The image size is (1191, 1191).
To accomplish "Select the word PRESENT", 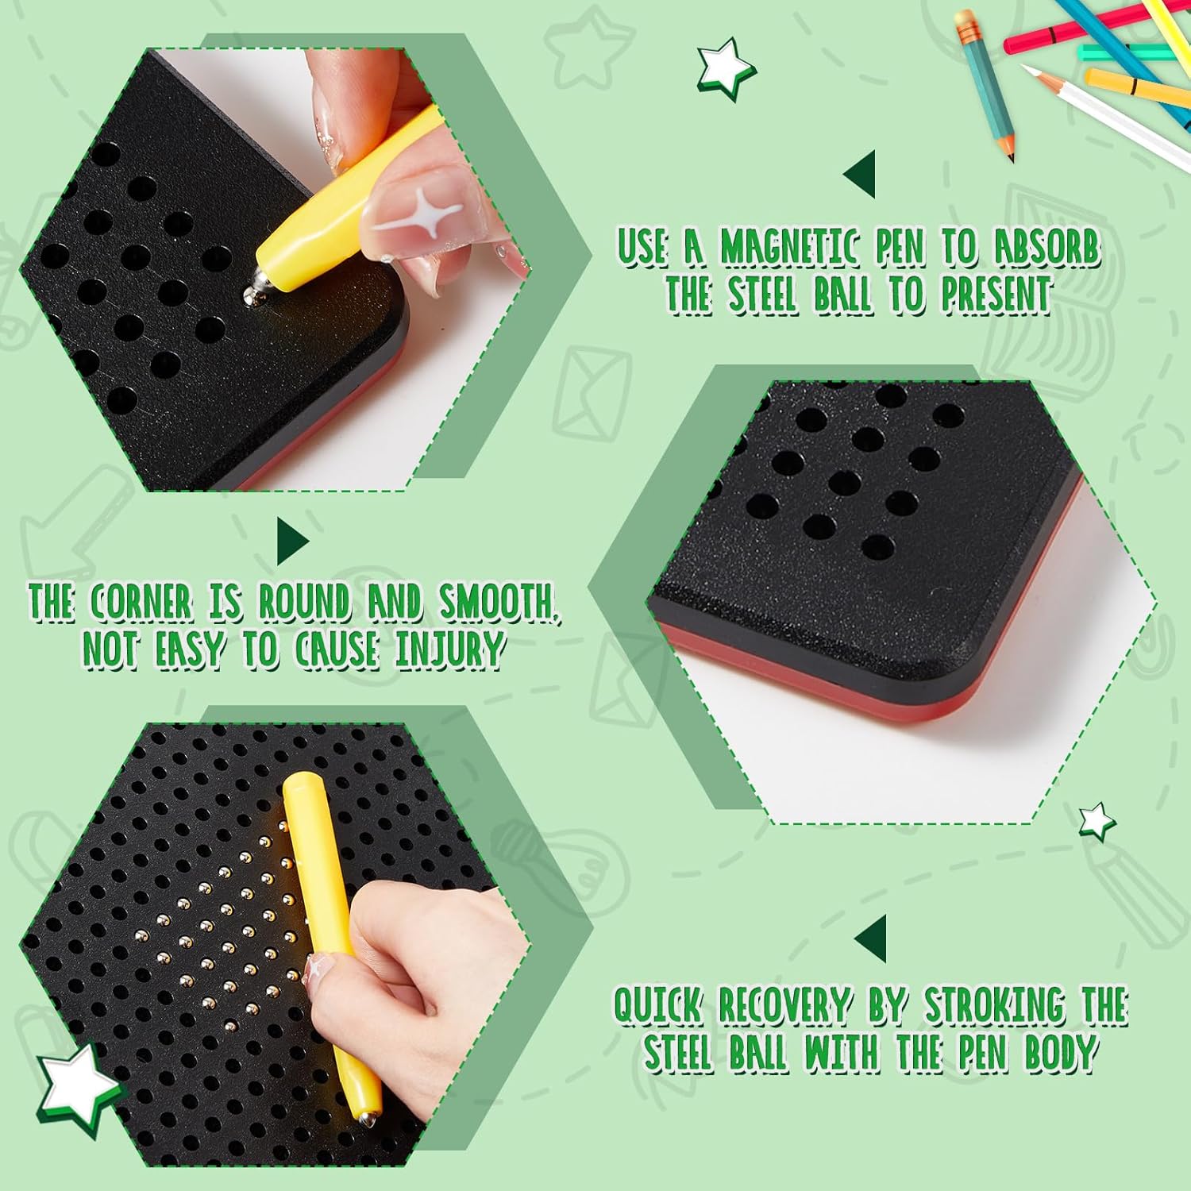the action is click(996, 295).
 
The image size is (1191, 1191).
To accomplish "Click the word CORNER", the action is click(141, 603).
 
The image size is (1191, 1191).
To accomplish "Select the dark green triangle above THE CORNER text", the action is click(293, 542).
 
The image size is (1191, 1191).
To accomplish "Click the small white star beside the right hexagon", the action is click(1097, 822).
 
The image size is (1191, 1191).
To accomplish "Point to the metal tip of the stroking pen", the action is click(366, 1117).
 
